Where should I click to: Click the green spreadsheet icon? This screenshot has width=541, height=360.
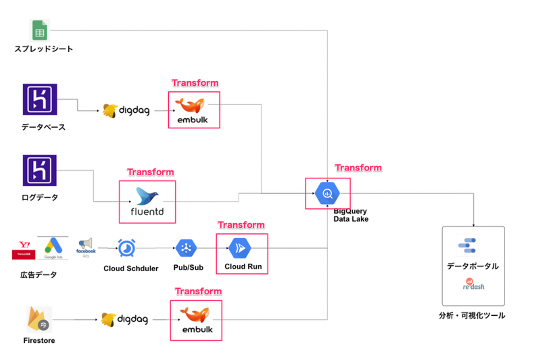[x=39, y=30]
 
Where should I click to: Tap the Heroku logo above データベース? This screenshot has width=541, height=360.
[x=40, y=99]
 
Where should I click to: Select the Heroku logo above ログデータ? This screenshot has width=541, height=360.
[x=40, y=170]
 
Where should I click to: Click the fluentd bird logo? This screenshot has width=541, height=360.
[x=147, y=196]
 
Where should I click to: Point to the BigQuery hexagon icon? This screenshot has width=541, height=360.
[x=327, y=194]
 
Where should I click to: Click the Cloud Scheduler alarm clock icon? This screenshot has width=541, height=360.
[x=127, y=248]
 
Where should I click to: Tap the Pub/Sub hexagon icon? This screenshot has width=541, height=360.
[x=186, y=248]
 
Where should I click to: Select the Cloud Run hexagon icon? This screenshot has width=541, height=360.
[x=240, y=248]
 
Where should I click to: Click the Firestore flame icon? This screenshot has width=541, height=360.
[x=39, y=319]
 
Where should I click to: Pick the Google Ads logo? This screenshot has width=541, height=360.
[x=53, y=248]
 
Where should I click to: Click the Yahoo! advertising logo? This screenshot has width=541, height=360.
[x=24, y=250]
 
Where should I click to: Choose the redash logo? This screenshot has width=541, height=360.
[x=473, y=284]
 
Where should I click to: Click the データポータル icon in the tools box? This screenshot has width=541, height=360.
[x=467, y=245]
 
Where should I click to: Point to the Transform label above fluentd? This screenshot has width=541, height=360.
[x=150, y=172]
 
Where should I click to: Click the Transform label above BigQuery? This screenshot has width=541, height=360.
[x=358, y=168]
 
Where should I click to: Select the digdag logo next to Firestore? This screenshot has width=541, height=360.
[x=125, y=319]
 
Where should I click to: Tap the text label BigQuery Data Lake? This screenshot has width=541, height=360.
[x=351, y=215]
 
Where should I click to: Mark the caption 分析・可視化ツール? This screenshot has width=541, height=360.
[x=472, y=316]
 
